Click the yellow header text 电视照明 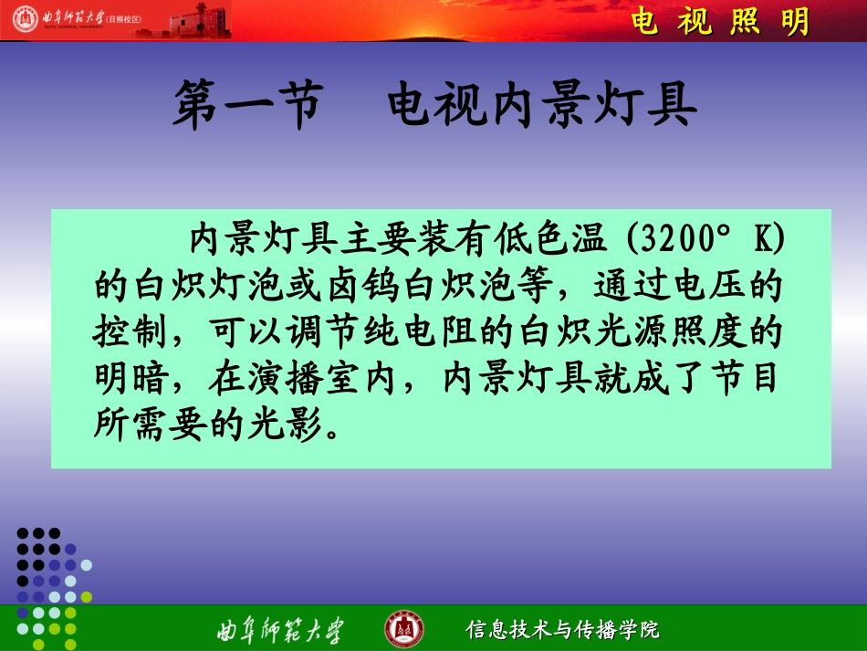[721, 22]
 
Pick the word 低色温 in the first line [558, 240]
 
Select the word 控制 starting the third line [123, 332]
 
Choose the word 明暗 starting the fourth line [123, 378]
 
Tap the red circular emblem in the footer [403, 628]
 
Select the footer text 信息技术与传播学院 [563, 629]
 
